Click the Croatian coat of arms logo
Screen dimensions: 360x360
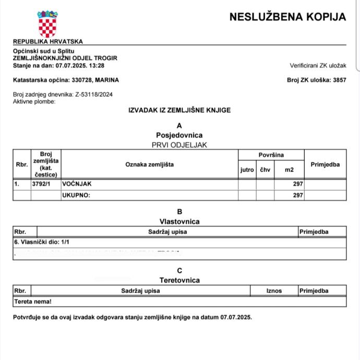pyautogui.click(x=47, y=23)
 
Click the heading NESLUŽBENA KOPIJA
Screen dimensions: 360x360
pyautogui.click(x=287, y=17)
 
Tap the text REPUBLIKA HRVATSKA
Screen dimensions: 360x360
pyautogui.click(x=47, y=41)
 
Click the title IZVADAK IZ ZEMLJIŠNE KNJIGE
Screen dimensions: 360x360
pyautogui.click(x=179, y=110)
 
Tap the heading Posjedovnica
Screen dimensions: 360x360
pyautogui.click(x=179, y=135)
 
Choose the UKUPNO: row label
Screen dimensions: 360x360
pyautogui.click(x=76, y=195)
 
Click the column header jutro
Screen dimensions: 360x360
pyautogui.click(x=247, y=170)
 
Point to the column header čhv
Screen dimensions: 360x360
pyautogui.click(x=265, y=170)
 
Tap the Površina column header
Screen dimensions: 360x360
pyautogui.click(x=271, y=155)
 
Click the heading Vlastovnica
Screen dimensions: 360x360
pyautogui.click(x=179, y=221)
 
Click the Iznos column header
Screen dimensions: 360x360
pyautogui.click(x=274, y=291)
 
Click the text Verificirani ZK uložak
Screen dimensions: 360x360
pyautogui.click(x=318, y=65)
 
